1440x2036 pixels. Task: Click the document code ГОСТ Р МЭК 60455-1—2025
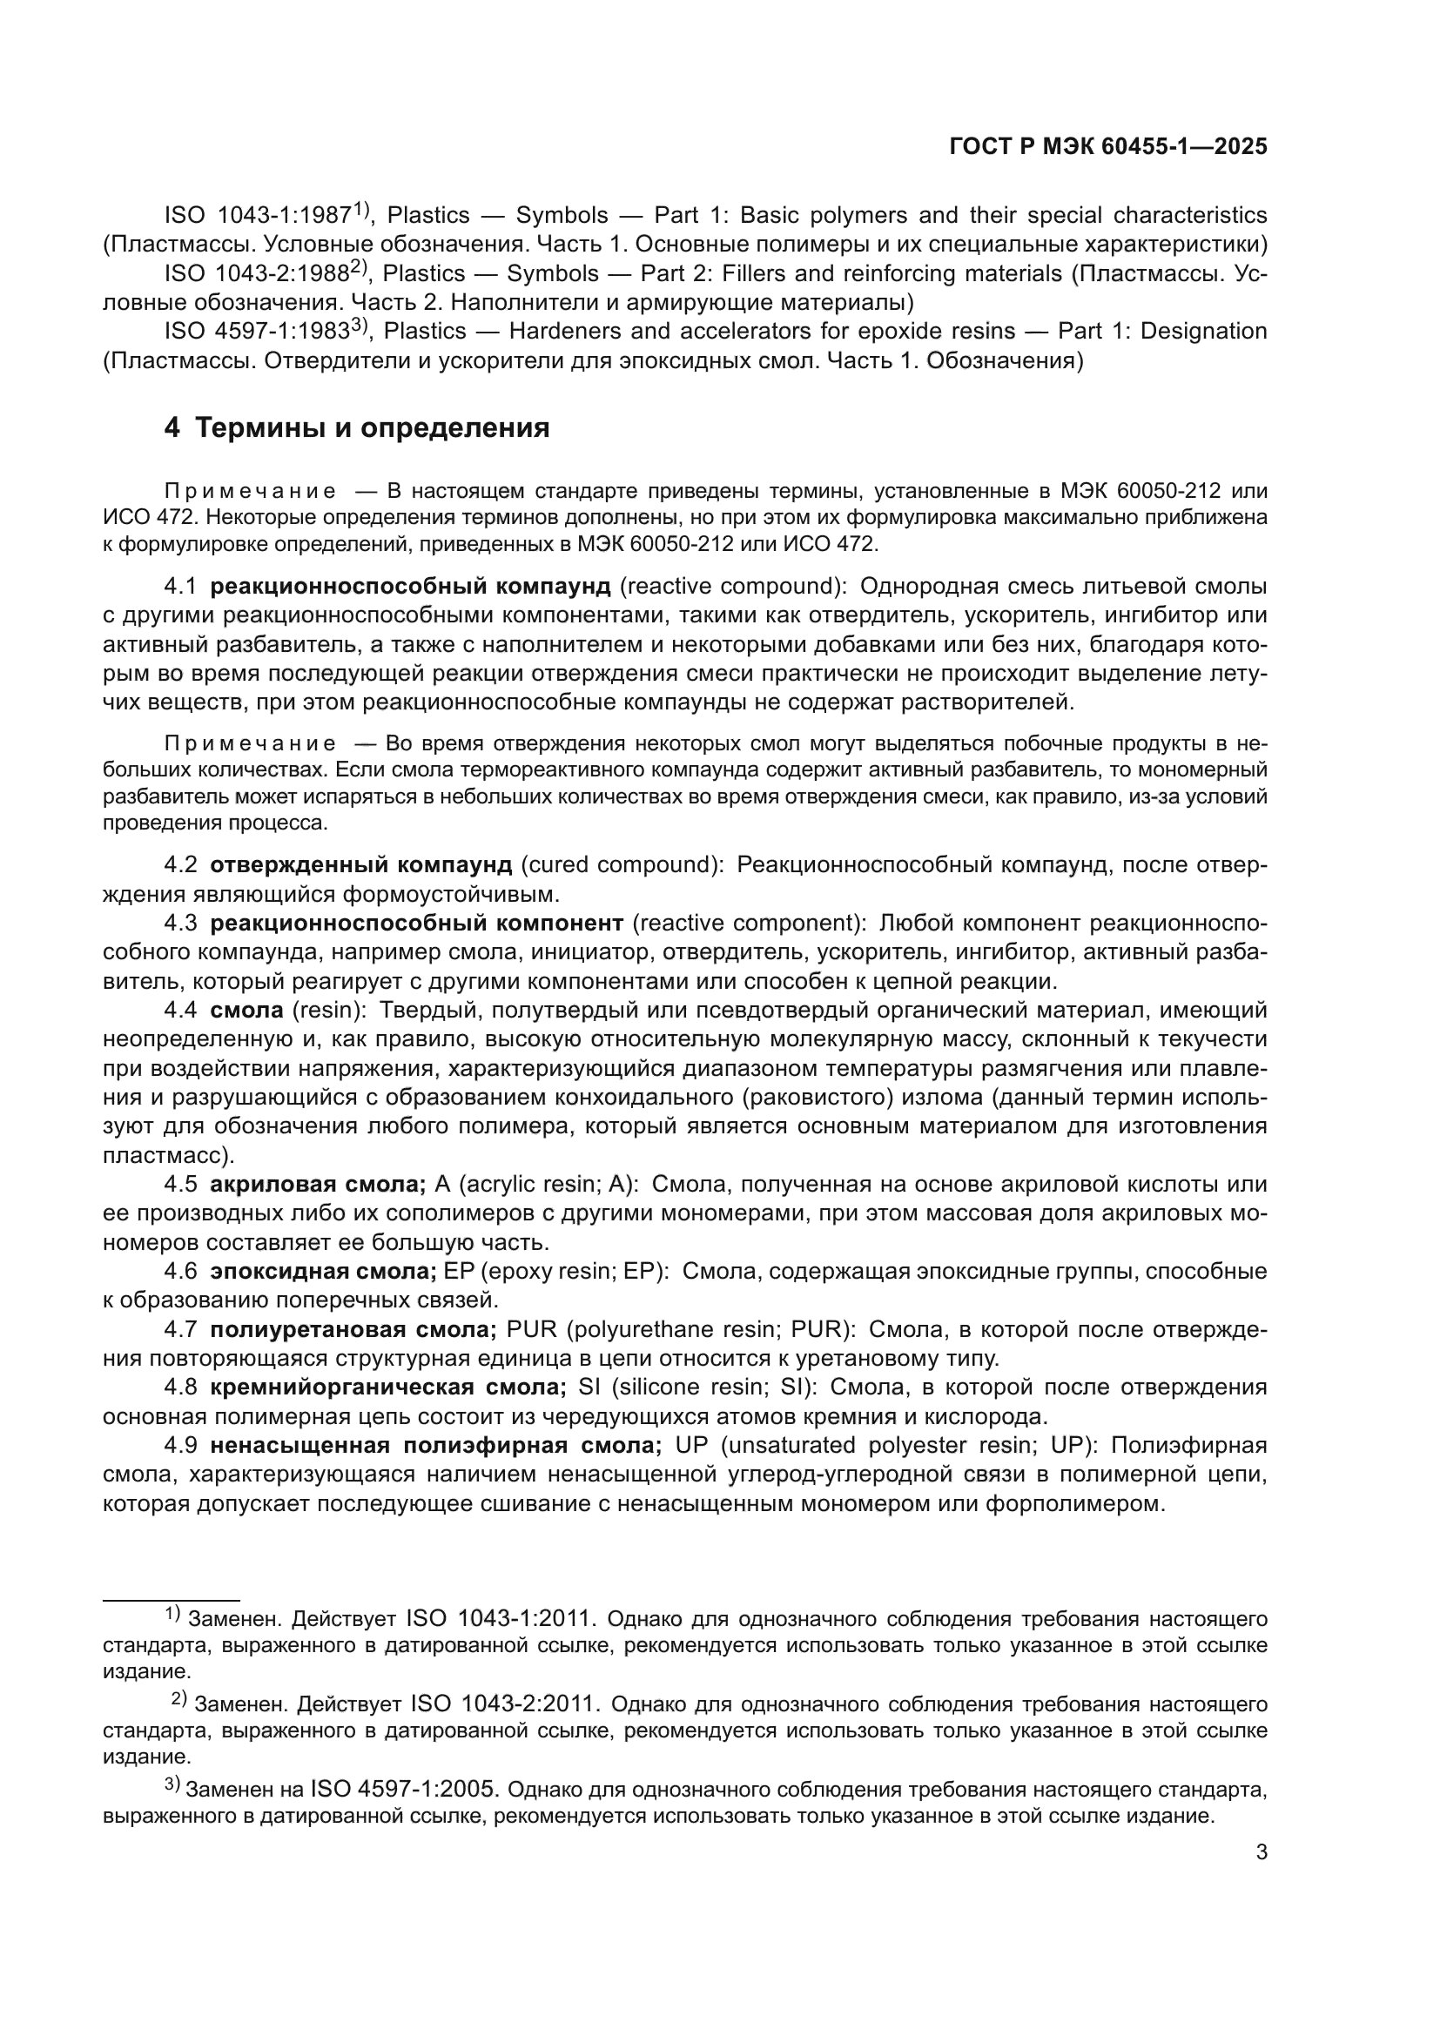1107,146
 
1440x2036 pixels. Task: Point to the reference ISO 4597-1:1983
257,332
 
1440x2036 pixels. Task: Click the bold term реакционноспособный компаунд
410,586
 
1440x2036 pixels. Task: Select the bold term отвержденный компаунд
361,863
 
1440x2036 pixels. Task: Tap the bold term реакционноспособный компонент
416,922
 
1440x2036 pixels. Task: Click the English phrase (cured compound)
622,863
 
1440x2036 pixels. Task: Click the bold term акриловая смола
318,1184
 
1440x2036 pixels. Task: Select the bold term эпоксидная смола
323,1271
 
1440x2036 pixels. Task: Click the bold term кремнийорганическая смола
387,1387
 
